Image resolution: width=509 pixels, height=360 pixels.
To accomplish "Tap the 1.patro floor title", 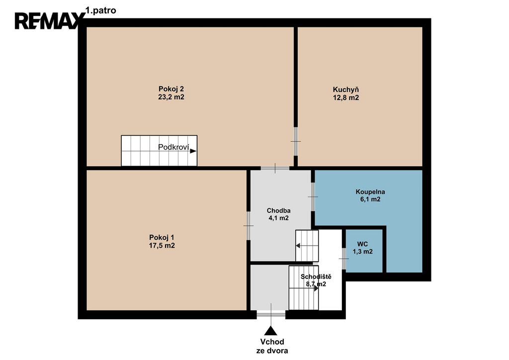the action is (x=100, y=10).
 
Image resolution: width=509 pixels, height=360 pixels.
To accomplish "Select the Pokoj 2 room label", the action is (x=171, y=89).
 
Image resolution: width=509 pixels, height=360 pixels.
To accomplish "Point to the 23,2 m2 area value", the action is (x=171, y=97).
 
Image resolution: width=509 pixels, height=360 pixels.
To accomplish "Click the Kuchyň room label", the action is (x=346, y=90).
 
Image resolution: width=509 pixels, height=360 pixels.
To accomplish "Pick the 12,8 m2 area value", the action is (x=346, y=98).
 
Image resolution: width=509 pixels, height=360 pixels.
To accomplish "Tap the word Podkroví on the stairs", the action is (x=173, y=147).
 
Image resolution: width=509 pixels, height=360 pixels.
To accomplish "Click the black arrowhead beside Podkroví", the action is (x=193, y=151).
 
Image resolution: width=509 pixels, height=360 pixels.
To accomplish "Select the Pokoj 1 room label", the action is (x=162, y=237).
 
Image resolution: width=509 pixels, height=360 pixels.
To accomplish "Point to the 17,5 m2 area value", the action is (x=162, y=246).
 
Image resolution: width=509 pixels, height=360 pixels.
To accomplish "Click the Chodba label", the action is (x=278, y=210).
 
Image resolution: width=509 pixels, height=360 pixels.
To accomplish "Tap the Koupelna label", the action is (x=370, y=191).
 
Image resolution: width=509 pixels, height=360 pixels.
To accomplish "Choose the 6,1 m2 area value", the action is (x=370, y=199).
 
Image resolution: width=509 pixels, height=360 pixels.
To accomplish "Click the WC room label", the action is (x=362, y=244).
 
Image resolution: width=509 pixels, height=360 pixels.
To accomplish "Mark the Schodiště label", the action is (x=316, y=276).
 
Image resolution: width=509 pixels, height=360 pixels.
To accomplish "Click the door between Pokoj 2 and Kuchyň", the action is (x=296, y=141).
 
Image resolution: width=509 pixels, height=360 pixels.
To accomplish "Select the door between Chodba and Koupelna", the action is (x=313, y=197).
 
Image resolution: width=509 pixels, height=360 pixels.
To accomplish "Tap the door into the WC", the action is (x=344, y=259).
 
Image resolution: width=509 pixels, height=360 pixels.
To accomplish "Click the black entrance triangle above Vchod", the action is (x=270, y=331).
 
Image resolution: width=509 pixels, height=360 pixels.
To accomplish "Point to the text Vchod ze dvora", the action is (x=272, y=346).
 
